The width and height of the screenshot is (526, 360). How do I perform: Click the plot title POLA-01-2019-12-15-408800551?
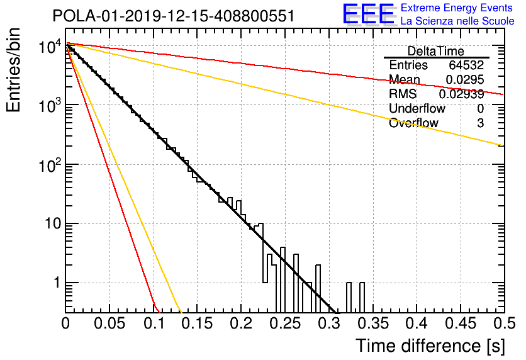174,16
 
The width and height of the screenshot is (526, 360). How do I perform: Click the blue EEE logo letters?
368,14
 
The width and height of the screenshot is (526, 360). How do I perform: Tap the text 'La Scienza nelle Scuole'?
457,21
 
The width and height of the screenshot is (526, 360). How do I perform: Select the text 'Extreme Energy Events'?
457,8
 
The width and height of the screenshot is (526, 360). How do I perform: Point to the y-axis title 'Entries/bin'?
13,70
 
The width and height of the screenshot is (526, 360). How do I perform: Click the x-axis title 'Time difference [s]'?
430,346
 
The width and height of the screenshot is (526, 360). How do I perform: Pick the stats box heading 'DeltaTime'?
436,51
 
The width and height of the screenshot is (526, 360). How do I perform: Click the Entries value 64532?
466,65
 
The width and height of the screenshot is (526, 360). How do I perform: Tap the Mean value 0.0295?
465,79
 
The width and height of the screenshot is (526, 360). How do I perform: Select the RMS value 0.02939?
462,94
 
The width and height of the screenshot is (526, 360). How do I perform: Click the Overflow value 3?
480,123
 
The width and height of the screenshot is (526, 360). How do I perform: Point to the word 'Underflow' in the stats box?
417,108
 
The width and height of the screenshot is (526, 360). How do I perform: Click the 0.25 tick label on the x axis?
286,323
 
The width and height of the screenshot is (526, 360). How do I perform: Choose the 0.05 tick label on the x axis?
109,323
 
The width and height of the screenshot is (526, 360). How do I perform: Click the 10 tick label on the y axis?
53,223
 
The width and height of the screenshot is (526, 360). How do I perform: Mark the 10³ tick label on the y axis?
50,105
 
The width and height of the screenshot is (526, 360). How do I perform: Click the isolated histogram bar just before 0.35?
362,298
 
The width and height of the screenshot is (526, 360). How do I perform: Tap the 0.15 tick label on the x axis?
198,323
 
